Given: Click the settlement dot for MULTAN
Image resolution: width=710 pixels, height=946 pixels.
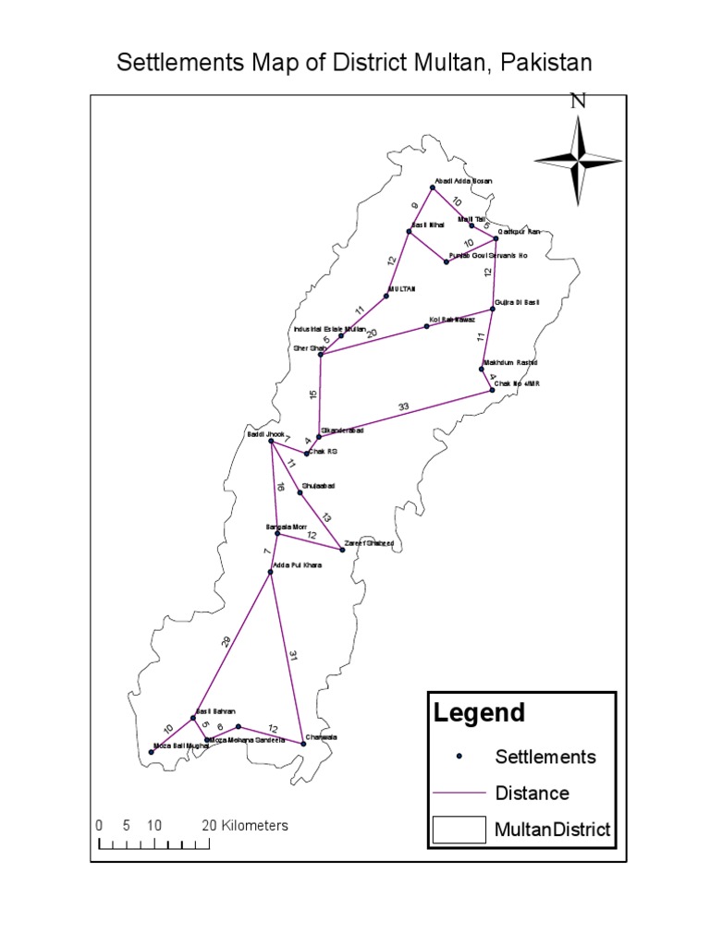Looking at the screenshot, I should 386,296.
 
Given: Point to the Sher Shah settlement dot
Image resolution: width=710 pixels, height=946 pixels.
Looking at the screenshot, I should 321,354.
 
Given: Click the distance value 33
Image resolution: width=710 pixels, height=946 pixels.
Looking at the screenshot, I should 403,406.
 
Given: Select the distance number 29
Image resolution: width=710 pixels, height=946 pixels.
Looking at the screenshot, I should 226,642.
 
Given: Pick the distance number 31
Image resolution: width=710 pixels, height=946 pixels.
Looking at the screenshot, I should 294,657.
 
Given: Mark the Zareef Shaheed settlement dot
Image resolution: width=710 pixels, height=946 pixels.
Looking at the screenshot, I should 343,550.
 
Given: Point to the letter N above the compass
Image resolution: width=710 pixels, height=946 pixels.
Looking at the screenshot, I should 579,102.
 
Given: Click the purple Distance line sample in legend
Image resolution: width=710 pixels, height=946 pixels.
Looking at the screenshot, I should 459,793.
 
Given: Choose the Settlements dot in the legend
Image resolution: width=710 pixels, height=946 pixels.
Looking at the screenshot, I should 459,757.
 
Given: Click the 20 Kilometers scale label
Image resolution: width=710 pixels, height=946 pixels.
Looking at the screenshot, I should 245,825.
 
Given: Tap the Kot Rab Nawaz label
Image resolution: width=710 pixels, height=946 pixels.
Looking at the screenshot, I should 452,320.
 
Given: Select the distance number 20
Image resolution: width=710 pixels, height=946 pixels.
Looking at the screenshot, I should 372,334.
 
